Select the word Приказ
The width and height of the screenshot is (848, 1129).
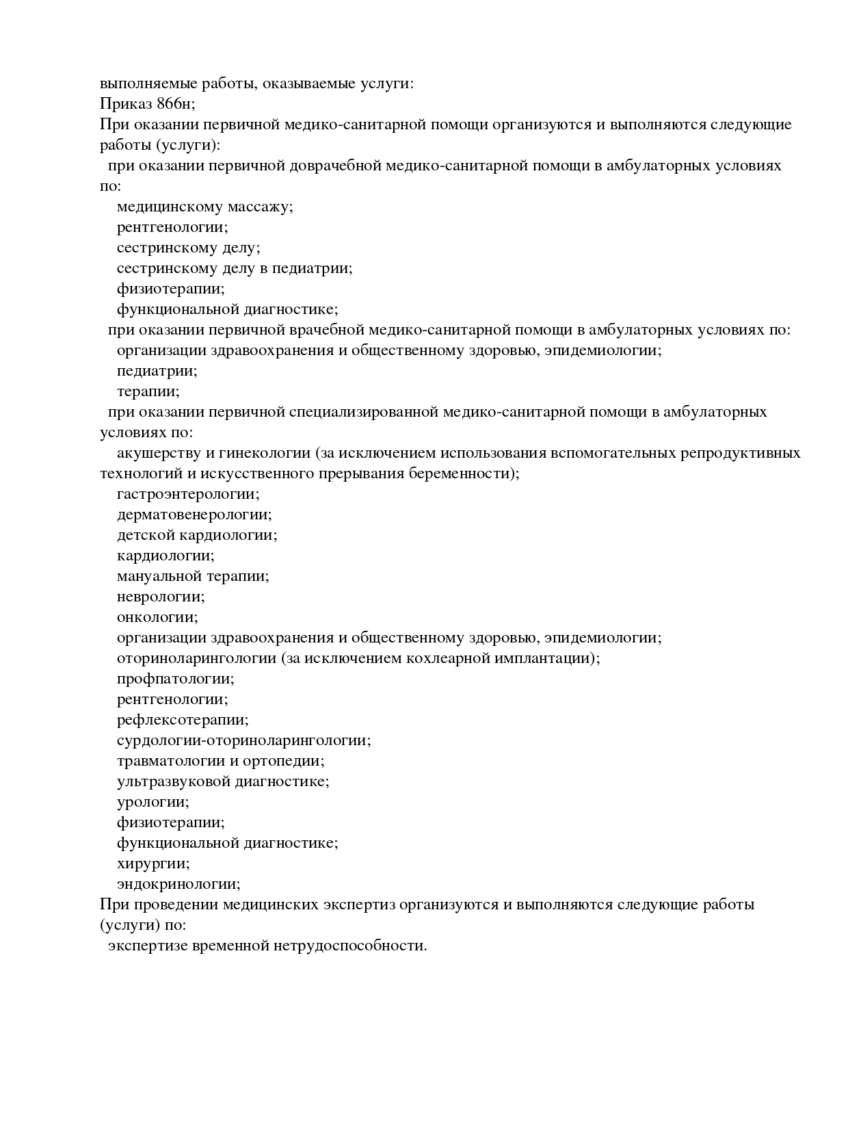pos(126,104)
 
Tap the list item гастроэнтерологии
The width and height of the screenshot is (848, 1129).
pos(188,494)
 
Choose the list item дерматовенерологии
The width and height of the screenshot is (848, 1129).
pos(194,515)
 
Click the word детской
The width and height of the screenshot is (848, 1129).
pos(146,535)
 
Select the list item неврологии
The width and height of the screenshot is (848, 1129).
pos(161,597)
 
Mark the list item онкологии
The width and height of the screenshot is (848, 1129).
pos(157,617)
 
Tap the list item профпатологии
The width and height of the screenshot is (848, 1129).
pos(176,679)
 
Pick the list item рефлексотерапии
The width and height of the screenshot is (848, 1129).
pos(183,720)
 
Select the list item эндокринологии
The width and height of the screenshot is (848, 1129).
pos(178,884)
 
